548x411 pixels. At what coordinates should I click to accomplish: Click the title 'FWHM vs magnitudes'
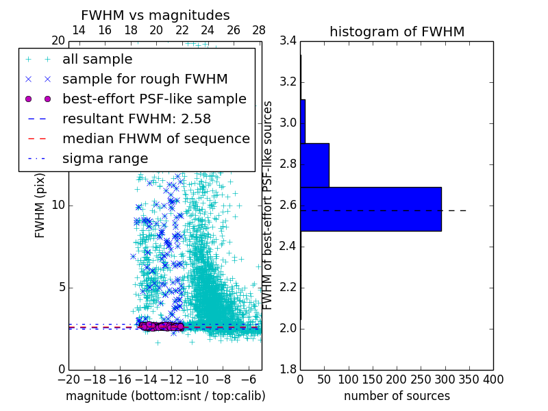pos(155,15)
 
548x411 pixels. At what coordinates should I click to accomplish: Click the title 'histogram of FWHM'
pos(397,32)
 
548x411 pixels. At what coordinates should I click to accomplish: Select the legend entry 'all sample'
pos(97,60)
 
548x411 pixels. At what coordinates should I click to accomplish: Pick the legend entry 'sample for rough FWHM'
pos(145,79)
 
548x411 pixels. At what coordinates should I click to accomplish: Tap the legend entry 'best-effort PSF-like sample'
pos(154,99)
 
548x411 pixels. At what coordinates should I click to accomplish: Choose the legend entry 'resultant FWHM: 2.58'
pos(134,119)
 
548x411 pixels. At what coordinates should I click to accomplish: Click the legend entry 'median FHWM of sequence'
pos(155,138)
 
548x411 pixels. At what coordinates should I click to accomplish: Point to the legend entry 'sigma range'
pos(105,158)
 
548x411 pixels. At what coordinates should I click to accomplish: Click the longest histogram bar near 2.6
pos(371,209)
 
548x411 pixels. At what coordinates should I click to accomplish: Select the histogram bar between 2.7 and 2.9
pos(314,165)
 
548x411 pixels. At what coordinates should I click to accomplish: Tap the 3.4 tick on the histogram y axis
pos(288,41)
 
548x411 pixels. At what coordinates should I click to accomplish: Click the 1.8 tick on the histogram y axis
pos(288,370)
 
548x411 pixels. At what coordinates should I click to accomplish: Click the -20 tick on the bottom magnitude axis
pos(68,379)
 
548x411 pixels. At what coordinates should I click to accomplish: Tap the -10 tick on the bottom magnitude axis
pos(197,379)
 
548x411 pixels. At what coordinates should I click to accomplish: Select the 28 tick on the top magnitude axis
pos(259,30)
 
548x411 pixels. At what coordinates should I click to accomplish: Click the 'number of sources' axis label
pos(397,396)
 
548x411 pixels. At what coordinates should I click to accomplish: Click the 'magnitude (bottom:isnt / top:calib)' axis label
pos(165,396)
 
